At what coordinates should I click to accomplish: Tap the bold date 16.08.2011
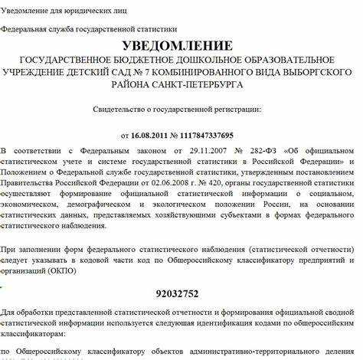click(154, 135)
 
